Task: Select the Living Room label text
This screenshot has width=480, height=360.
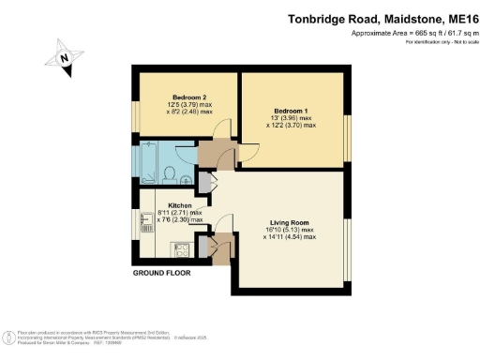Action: coord(290,222)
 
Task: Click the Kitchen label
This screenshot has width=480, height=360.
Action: coord(180,204)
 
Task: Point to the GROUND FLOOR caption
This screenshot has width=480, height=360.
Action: coord(160,273)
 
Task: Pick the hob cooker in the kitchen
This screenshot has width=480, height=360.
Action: coord(180,248)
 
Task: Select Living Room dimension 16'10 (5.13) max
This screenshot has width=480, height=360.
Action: coord(290,230)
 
